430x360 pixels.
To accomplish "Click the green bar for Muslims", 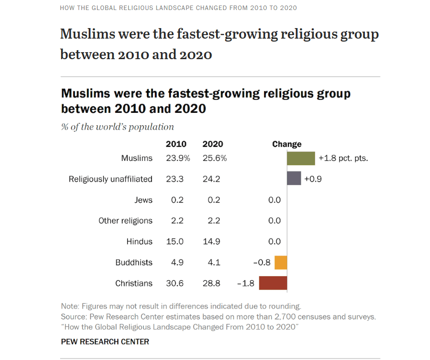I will (301, 158).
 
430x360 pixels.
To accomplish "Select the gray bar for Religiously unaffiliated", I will (294, 178).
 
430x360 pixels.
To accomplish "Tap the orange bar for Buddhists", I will (281, 262).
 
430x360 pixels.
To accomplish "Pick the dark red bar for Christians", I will (273, 283).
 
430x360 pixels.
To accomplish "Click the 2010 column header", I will (176, 144).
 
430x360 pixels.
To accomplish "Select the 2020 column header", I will (212, 144).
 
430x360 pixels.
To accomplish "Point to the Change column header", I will (287, 144).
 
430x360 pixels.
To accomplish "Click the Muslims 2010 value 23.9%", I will (178, 158).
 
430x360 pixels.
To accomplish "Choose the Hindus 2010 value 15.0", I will (175, 242).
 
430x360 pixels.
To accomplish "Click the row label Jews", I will (143, 200).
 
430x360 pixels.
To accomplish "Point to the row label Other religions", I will (125, 221).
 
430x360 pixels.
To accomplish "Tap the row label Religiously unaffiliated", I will (110, 179).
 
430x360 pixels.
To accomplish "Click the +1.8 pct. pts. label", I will (343, 158).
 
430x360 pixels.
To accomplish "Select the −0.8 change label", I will (262, 262).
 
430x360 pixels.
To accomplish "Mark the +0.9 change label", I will (313, 178).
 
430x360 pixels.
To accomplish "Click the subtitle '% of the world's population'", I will (117, 127).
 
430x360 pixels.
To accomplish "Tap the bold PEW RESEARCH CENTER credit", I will (105, 342).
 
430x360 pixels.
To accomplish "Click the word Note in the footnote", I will (69, 306).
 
